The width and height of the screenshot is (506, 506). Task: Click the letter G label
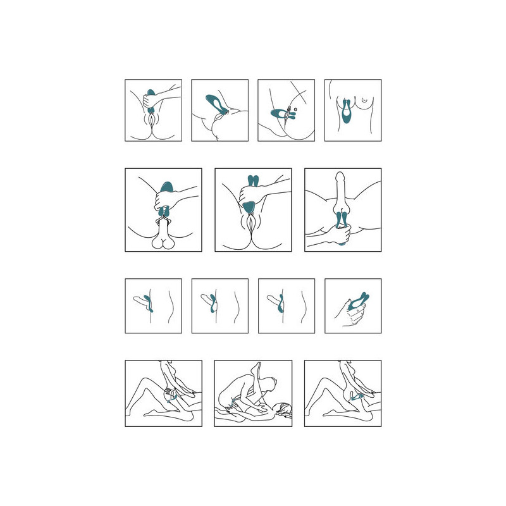[295, 109]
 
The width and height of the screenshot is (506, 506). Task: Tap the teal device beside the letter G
[282, 114]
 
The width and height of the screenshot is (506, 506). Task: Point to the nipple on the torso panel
[364, 100]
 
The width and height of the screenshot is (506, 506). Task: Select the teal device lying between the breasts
[346, 111]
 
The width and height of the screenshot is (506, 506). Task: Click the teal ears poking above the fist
[253, 181]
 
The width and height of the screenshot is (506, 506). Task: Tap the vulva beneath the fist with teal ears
[250, 224]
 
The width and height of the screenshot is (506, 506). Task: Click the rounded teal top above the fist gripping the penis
[166, 187]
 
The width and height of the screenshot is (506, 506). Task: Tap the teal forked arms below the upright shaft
[342, 219]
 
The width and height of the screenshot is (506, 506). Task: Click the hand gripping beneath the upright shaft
[339, 234]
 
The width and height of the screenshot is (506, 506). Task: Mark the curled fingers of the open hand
[357, 314]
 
